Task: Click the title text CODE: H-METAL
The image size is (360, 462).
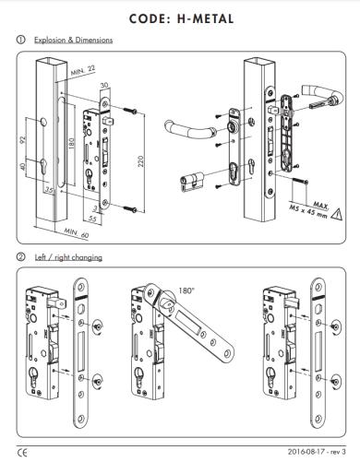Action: coord(181,18)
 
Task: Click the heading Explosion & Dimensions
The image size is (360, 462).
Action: coord(73,40)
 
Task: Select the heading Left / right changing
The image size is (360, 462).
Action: coord(68,257)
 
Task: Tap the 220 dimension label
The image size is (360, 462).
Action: coord(140,161)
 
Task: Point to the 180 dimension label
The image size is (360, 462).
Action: coord(71,144)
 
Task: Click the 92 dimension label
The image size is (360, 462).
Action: coord(22,139)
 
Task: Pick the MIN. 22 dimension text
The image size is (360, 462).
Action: coord(83,70)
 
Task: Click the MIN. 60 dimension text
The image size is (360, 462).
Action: coord(77,233)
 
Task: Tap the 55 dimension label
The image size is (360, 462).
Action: coord(92,219)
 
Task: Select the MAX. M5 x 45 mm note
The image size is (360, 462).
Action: coord(309,209)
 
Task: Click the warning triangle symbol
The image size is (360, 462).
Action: coord(337,214)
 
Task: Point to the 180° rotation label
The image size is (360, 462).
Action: coord(186,290)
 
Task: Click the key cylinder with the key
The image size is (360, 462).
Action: coord(192,182)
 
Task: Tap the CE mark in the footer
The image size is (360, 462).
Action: coord(22,453)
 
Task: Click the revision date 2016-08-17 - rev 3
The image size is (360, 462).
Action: coord(317,452)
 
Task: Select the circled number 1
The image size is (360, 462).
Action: coord(21,40)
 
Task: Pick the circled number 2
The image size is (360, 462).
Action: coord(21,257)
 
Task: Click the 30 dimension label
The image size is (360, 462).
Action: coord(104,85)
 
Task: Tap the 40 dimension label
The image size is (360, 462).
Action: coord(22,167)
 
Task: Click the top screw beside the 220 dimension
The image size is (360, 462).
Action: coord(130,111)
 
